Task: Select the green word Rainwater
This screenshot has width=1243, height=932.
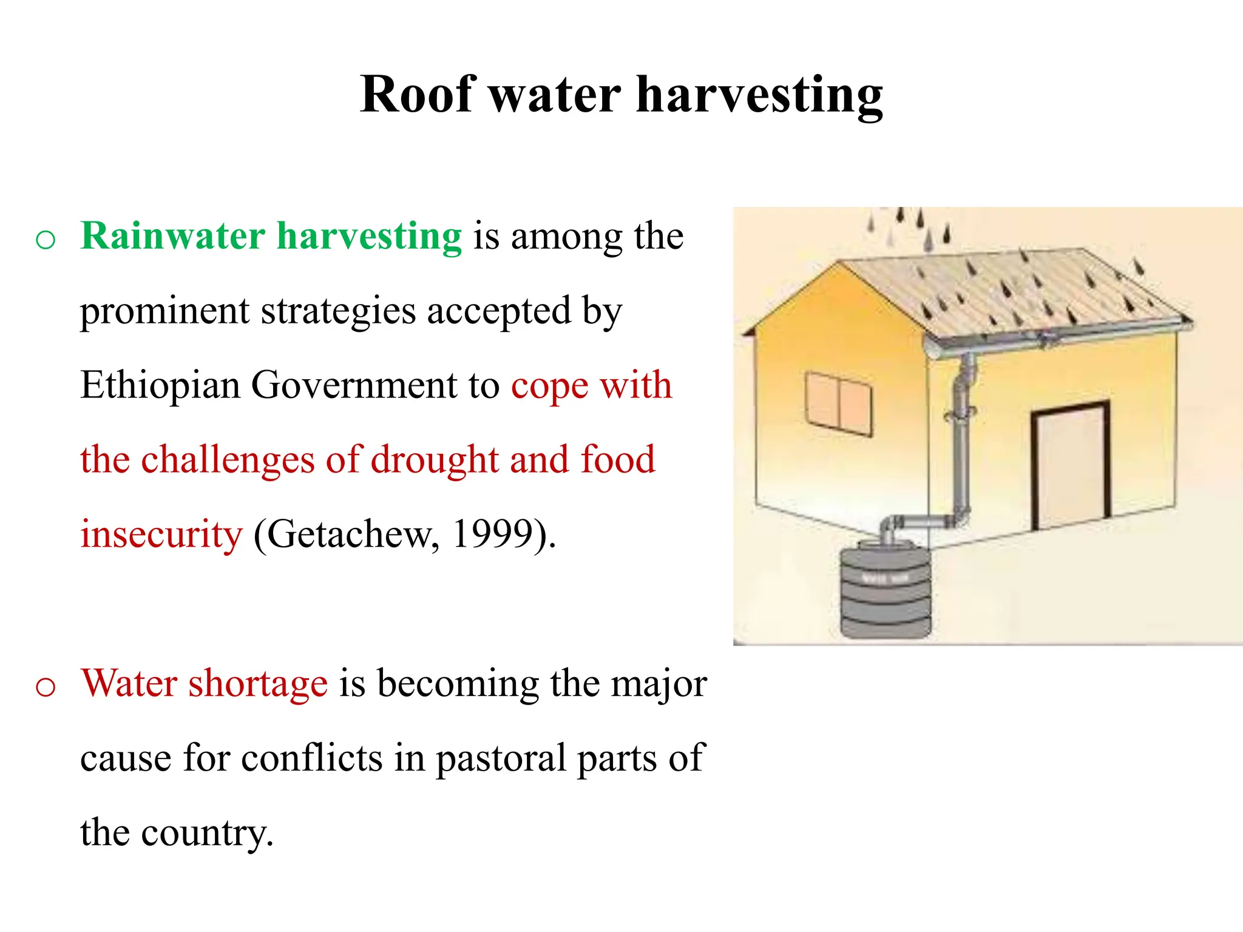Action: (x=173, y=236)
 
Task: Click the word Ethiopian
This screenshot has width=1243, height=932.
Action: (x=160, y=386)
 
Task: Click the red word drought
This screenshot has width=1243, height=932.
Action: (x=435, y=460)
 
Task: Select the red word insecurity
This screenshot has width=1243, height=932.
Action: (x=161, y=535)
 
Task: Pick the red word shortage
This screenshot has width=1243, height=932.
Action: (x=258, y=684)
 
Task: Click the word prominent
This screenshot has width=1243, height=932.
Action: (x=164, y=311)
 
